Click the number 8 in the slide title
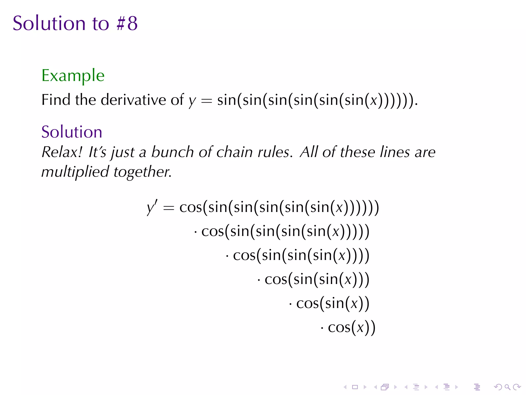click(133, 23)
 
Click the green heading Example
click(73, 76)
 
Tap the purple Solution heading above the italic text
click(72, 132)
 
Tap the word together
click(142, 172)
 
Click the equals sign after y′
click(168, 207)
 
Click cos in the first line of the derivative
click(190, 207)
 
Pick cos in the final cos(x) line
click(339, 328)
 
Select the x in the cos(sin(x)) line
click(354, 304)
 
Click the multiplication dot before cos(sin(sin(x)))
click(259, 280)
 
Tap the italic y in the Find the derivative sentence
click(192, 101)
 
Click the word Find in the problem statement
click(55, 100)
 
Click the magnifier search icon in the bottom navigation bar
click(507, 387)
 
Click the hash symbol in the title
click(120, 23)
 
